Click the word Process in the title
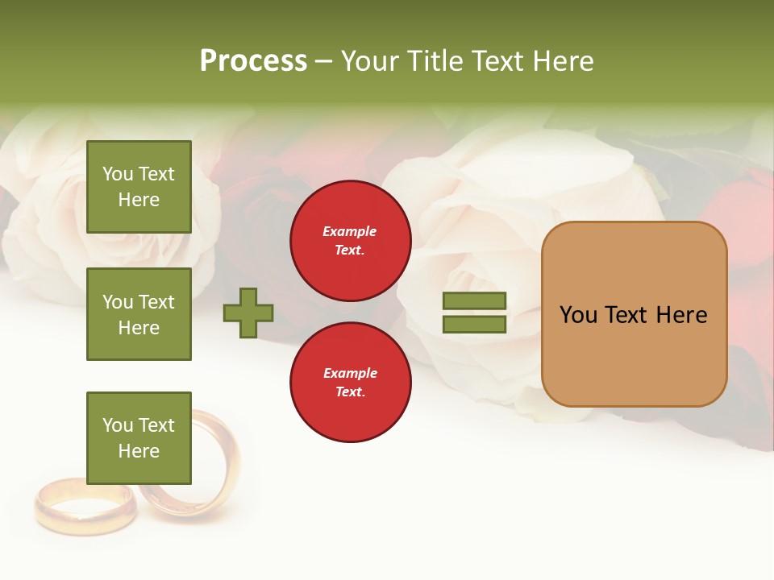(253, 61)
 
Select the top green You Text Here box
(139, 187)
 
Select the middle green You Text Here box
(139, 314)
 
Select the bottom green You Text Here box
(139, 438)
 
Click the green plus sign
(248, 313)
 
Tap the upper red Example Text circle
(351, 241)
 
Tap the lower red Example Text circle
(351, 383)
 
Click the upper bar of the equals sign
(474, 301)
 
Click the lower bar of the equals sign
(474, 325)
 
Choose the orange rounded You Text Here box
(634, 314)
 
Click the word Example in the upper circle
(350, 232)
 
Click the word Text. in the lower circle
(350, 392)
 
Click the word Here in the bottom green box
(139, 451)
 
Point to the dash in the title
(323, 61)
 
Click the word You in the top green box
(118, 174)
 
